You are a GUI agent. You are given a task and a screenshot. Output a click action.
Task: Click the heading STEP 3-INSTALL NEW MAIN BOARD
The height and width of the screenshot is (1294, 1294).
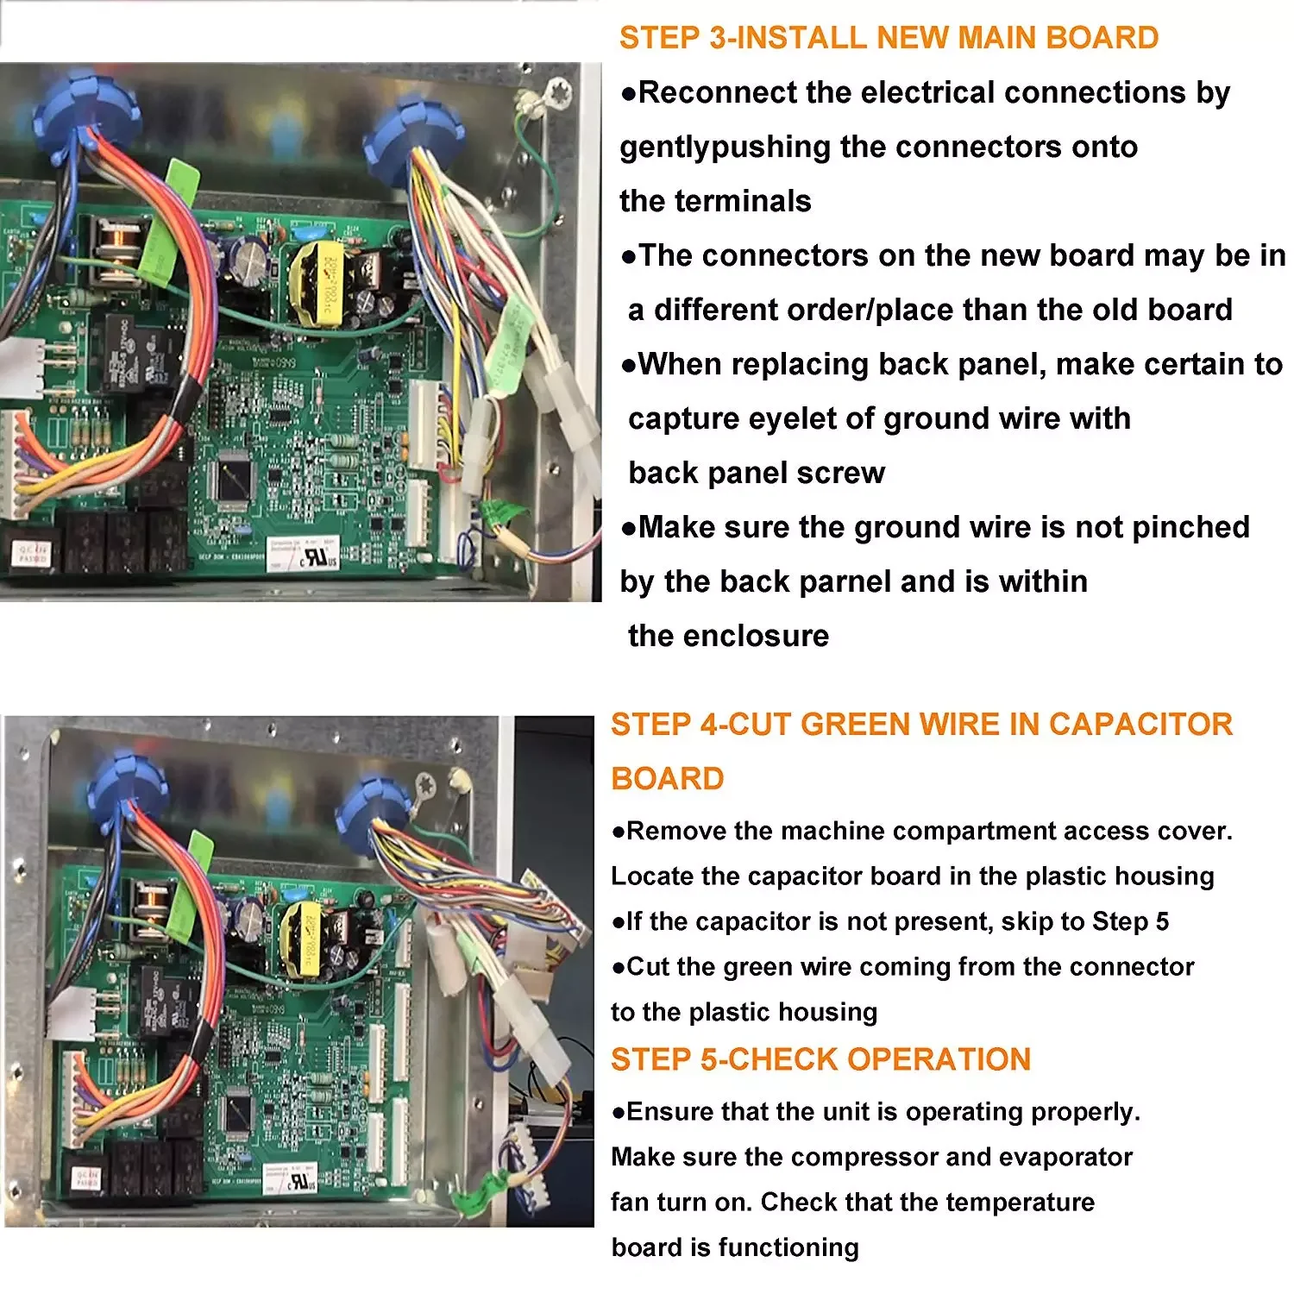(889, 38)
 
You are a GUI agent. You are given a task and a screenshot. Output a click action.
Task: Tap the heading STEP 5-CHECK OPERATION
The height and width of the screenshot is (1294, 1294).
(820, 1059)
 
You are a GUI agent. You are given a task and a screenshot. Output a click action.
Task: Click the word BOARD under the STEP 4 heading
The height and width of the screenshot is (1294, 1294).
(667, 779)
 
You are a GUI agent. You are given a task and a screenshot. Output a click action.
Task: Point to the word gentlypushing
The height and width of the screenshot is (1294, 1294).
(725, 148)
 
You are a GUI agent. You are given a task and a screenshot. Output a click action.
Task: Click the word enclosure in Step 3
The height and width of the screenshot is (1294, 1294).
(772, 636)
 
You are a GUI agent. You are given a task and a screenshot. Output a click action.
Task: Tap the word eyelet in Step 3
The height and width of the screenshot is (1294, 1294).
(790, 418)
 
